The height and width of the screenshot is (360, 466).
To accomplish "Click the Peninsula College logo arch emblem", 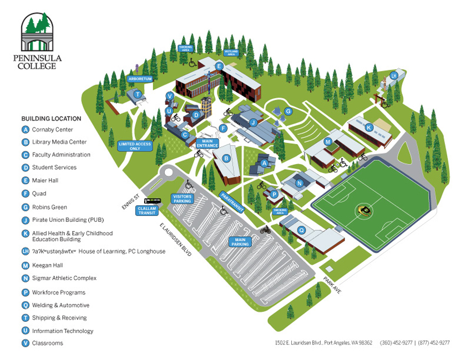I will pyautogui.click(x=38, y=32).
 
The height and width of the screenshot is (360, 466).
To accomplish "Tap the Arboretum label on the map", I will pyautogui.click(x=140, y=79).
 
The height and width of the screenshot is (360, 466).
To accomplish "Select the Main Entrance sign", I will pyautogui.click(x=207, y=144).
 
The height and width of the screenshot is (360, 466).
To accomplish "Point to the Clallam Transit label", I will pyautogui.click(x=147, y=210).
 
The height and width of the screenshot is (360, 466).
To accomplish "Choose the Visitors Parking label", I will pyautogui.click(x=183, y=199).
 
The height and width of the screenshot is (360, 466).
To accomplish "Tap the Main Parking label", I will pyautogui.click(x=240, y=242).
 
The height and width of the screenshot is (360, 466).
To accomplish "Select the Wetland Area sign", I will pyautogui.click(x=231, y=52).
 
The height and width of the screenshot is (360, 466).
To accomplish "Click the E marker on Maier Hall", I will pyautogui.click(x=219, y=67).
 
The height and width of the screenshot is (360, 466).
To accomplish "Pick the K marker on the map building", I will pyautogui.click(x=368, y=127).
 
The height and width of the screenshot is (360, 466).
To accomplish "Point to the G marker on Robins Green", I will pyautogui.click(x=288, y=111).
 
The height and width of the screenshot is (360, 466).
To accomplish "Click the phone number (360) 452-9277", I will pyautogui.click(x=396, y=343).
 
